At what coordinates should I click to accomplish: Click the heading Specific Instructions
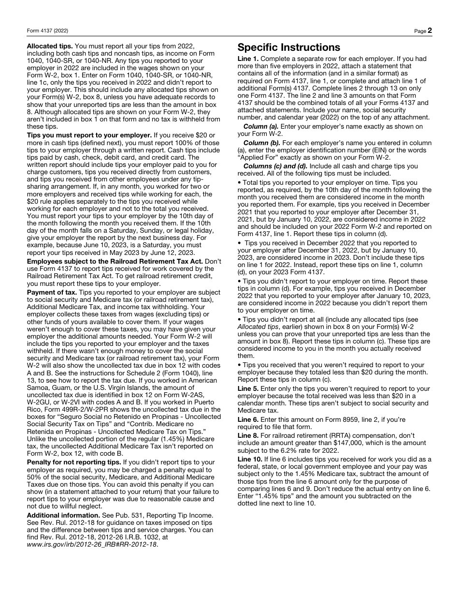[288, 47]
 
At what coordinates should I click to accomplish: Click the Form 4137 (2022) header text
[47, 31]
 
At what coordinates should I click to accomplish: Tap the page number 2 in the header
[430, 30]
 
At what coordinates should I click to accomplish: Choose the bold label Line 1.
[248, 59]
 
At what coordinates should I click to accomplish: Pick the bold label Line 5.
[248, 389]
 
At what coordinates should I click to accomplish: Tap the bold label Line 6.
[248, 419]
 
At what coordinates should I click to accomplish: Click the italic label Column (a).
[260, 127]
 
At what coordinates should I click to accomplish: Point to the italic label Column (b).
[261, 143]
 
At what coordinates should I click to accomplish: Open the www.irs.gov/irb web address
[92, 544]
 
